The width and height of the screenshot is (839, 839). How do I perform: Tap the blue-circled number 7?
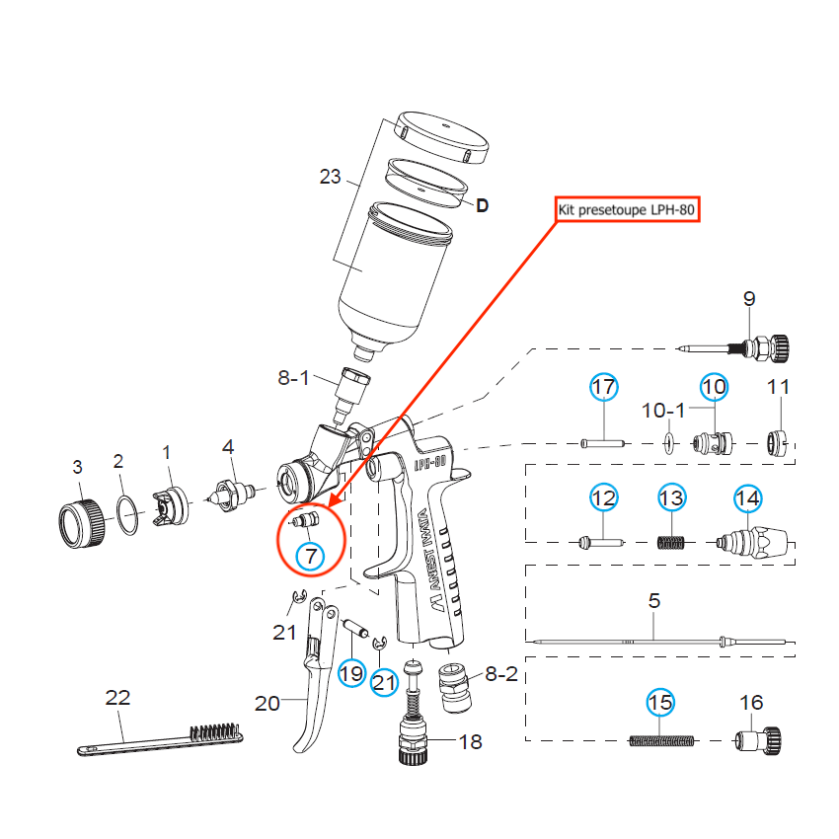click(x=311, y=556)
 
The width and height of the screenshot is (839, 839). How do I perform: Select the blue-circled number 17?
click(x=603, y=388)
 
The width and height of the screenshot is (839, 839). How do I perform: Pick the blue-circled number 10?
click(x=714, y=388)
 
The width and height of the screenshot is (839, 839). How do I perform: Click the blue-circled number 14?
click(x=747, y=499)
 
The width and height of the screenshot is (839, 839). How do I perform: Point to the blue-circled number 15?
click(x=660, y=703)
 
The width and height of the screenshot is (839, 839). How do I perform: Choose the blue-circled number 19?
click(x=351, y=674)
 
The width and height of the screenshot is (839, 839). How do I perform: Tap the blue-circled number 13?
click(x=671, y=499)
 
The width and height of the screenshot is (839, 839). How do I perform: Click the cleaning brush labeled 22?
click(x=158, y=738)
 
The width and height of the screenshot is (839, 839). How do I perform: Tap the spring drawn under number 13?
click(x=671, y=541)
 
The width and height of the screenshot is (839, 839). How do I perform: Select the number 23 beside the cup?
click(x=330, y=177)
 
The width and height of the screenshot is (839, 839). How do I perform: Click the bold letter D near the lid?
click(x=483, y=206)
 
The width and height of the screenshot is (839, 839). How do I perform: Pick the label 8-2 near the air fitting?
click(x=500, y=675)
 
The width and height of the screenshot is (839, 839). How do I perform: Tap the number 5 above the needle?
click(x=654, y=600)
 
